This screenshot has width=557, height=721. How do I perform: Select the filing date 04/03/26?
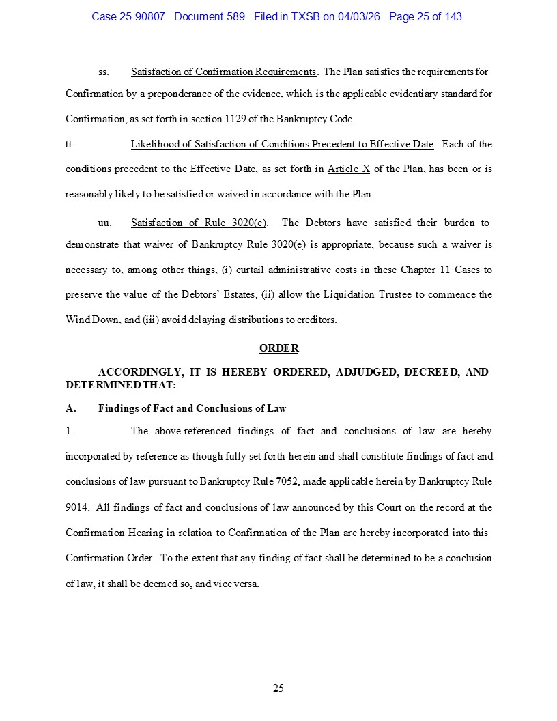359,16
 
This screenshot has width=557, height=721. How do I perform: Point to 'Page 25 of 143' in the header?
425,16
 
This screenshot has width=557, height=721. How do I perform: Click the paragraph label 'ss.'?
104,72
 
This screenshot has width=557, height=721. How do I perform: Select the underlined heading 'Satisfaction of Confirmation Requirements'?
224,72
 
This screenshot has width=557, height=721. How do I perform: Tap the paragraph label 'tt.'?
70,144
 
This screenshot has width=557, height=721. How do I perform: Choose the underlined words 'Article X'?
349,169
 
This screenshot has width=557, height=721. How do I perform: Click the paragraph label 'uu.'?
105,223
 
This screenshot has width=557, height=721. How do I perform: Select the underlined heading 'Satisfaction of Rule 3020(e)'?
199,223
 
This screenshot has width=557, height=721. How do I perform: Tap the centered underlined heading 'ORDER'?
278,348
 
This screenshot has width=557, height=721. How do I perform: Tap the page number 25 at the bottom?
278,688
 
